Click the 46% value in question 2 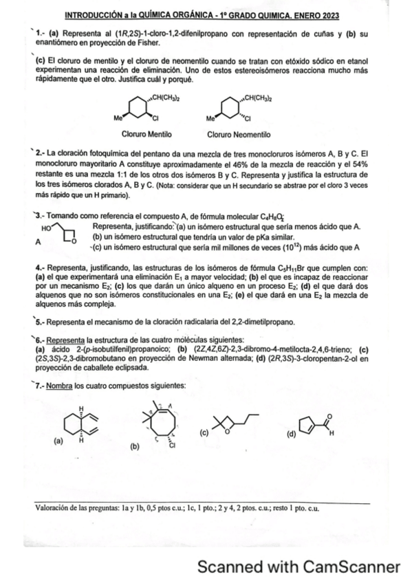click(x=238, y=164)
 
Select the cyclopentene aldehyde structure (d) click(x=314, y=424)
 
